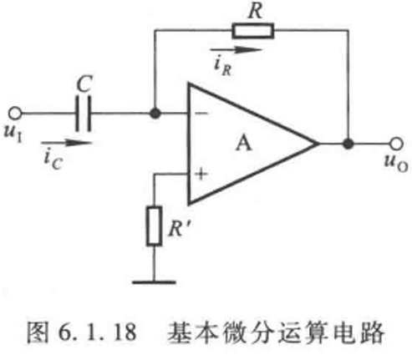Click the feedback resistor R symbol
[x=253, y=31]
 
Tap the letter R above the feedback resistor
[x=256, y=11]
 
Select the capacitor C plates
[x=84, y=114]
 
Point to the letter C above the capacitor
[x=84, y=84]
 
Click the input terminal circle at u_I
[x=15, y=114]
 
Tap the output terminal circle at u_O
[x=396, y=144]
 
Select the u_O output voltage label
[x=396, y=164]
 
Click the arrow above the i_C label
[x=66, y=143]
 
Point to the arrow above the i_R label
[x=236, y=50]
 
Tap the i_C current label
[x=53, y=160]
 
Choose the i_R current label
[x=223, y=67]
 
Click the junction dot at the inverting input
[x=155, y=114]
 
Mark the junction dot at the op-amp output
[x=348, y=144]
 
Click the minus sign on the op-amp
[x=201, y=114]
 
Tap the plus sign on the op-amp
[x=201, y=175]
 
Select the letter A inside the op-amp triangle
[x=243, y=144]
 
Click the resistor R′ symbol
[x=155, y=226]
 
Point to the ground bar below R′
[x=154, y=282]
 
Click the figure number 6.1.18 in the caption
[x=98, y=332]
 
